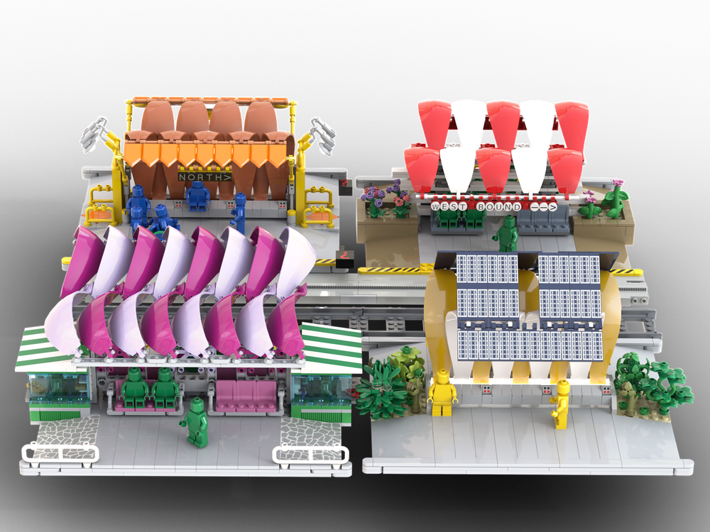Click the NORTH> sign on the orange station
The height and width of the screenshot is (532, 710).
204,177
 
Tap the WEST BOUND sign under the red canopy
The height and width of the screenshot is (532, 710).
493,206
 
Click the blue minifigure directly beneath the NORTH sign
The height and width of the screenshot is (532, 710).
198,196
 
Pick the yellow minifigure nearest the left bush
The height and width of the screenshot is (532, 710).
442,393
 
